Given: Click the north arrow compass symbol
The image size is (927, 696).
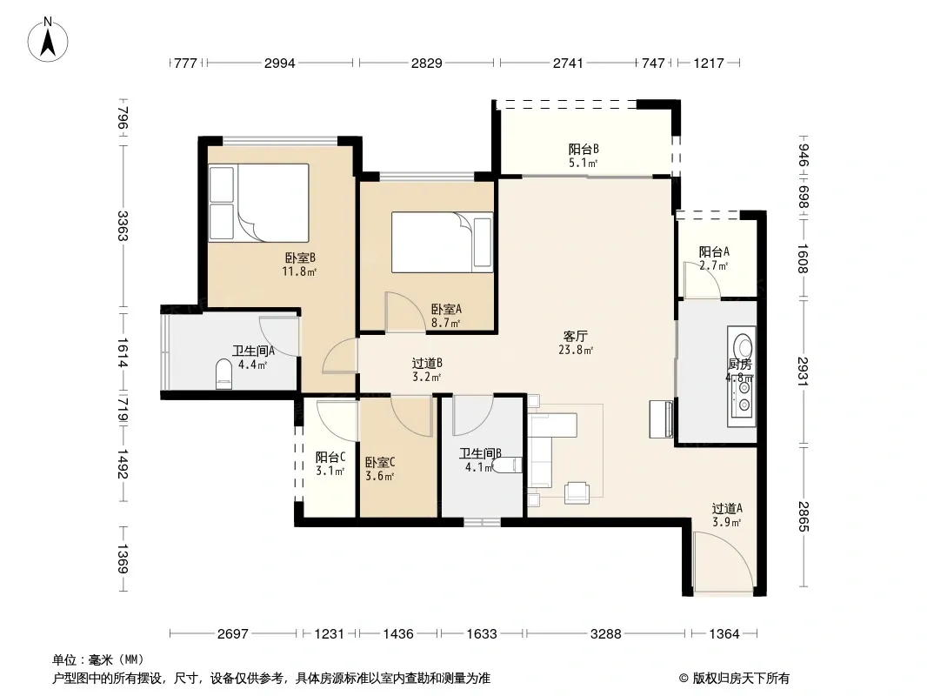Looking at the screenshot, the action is [x=48, y=40].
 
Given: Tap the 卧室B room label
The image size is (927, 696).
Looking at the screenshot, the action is [x=300, y=258].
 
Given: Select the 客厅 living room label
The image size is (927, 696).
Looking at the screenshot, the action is [x=575, y=336].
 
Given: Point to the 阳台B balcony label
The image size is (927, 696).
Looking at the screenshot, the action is [x=584, y=149].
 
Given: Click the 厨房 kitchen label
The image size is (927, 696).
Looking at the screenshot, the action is [x=739, y=365].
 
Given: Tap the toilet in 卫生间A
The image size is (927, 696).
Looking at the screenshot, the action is [x=224, y=374].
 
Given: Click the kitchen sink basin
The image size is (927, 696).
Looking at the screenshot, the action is [x=742, y=345].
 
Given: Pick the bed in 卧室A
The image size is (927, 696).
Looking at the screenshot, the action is [x=443, y=243].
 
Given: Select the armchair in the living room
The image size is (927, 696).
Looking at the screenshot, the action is [x=577, y=492].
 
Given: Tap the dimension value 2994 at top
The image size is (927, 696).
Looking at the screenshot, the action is [x=280, y=63].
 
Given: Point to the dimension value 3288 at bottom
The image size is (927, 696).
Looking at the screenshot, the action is [x=606, y=634].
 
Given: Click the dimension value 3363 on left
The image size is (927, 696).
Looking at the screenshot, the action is [x=123, y=226].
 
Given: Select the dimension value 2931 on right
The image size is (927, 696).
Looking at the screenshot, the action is [x=803, y=371].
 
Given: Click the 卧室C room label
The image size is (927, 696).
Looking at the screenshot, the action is [x=380, y=462].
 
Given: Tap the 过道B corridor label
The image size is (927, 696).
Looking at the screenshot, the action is [x=427, y=363].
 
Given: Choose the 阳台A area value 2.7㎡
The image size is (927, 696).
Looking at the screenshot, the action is [x=714, y=265].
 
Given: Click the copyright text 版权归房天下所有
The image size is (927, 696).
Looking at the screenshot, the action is [x=741, y=679].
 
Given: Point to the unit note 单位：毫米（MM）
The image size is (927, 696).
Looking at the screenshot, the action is [x=98, y=659].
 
